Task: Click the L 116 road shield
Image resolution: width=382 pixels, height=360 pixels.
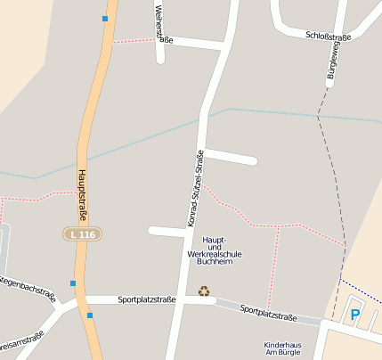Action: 82,233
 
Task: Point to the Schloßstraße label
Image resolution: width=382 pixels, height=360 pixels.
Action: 329,37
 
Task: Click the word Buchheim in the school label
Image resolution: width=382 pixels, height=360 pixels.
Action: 215,263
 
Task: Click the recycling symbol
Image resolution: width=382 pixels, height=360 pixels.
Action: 204,290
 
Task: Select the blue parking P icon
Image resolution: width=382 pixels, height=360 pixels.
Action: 354,315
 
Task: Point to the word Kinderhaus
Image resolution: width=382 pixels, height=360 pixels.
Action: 283,344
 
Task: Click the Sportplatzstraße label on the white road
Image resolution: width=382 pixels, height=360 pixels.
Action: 147,300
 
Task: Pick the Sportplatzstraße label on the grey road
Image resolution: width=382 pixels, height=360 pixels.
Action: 268,314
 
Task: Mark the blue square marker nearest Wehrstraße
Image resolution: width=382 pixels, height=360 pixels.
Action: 105,18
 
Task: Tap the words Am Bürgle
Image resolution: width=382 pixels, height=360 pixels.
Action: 283,353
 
